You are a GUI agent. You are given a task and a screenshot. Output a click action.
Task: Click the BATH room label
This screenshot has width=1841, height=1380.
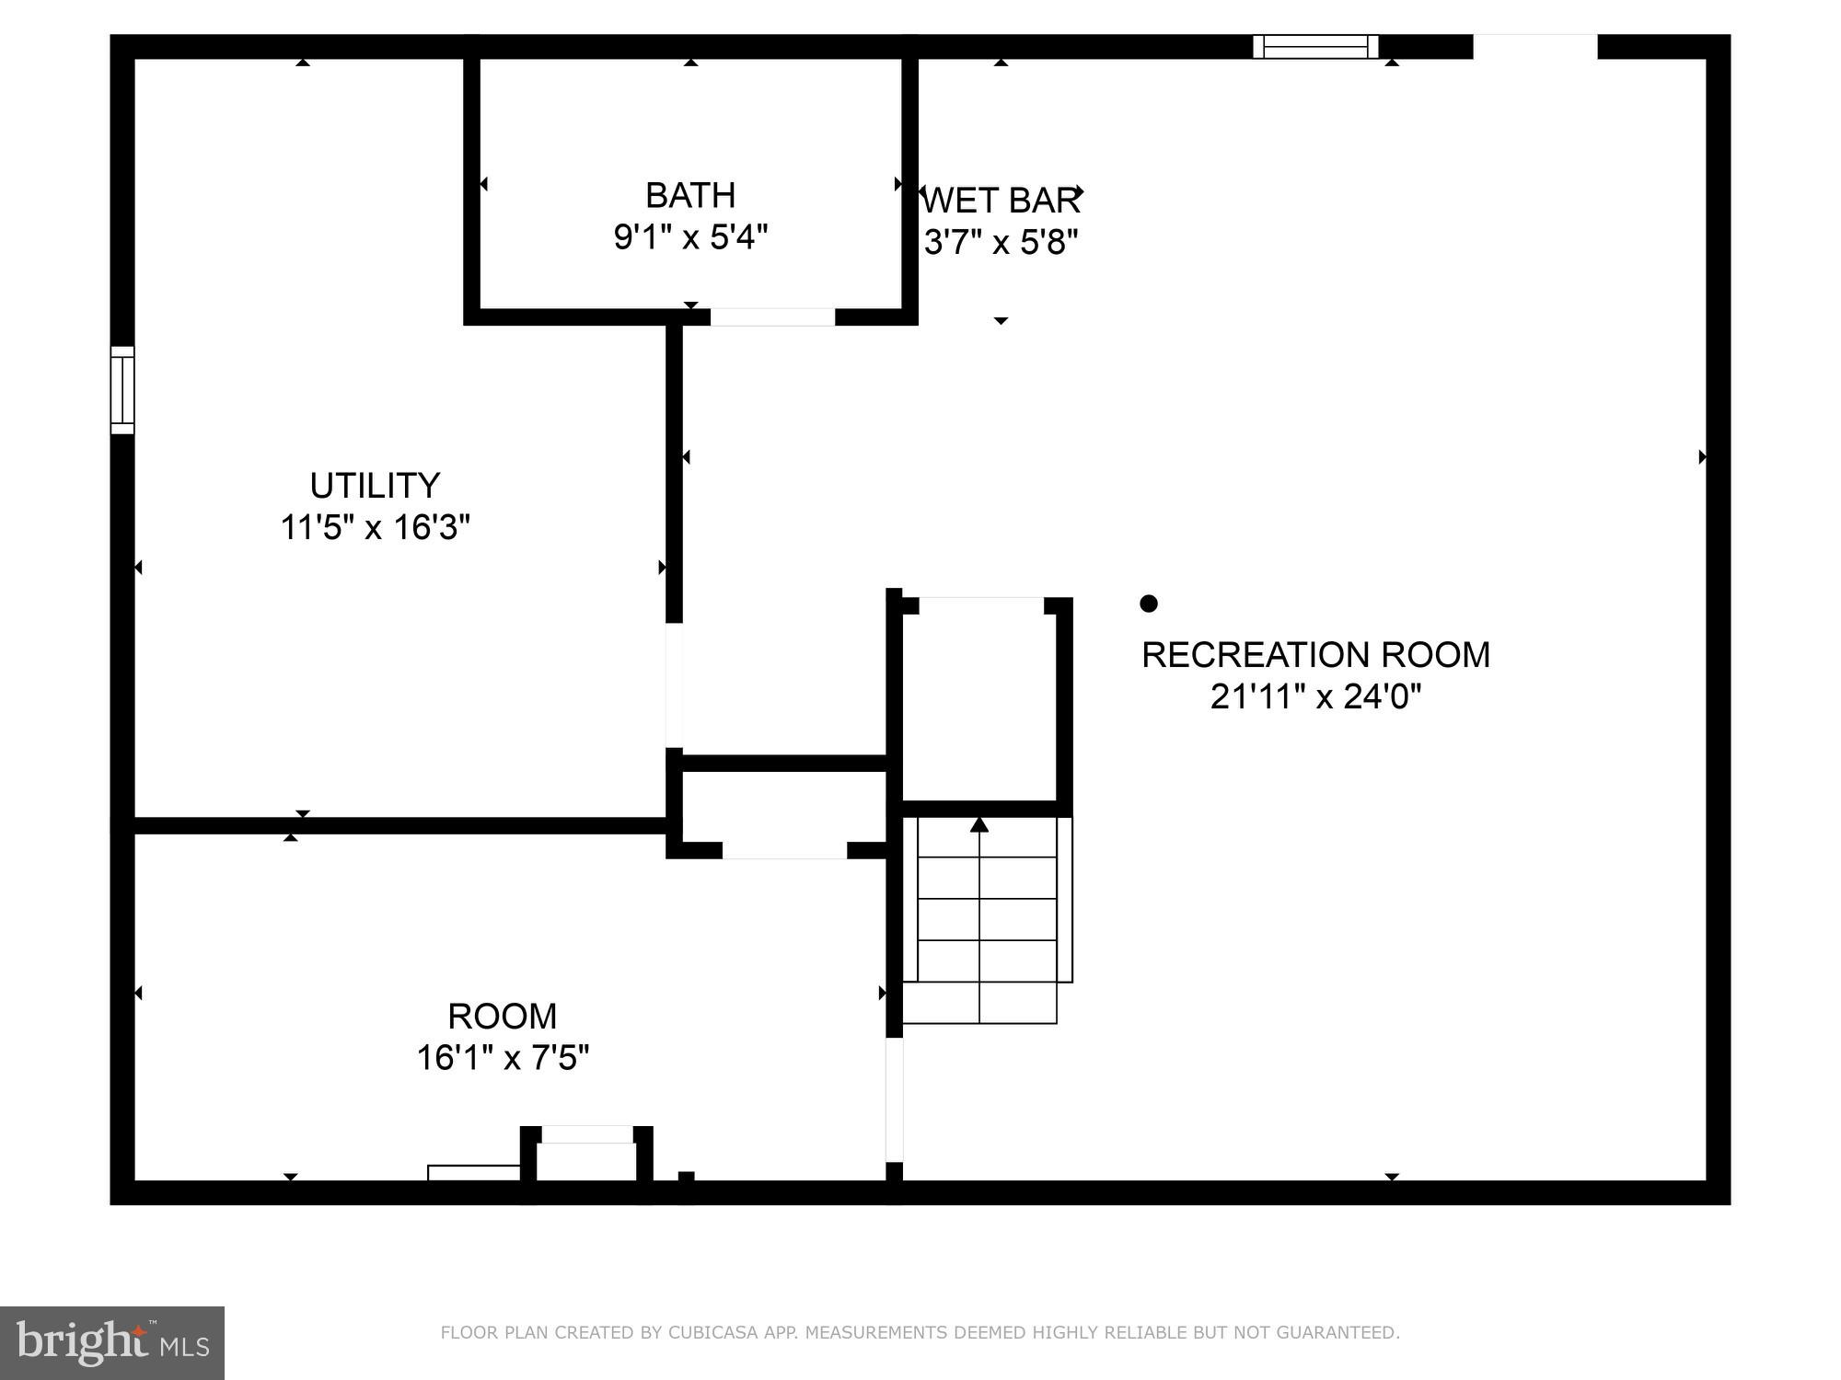point(690,195)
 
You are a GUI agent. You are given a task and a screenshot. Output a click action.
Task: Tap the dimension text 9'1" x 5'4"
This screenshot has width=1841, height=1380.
point(690,237)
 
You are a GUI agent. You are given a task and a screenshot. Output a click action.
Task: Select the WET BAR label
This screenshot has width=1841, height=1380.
point(1001,200)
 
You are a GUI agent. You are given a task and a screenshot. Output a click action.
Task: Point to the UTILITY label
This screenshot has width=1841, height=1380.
point(375,485)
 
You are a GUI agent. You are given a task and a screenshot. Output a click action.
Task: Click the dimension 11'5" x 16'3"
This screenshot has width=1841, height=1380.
point(375,527)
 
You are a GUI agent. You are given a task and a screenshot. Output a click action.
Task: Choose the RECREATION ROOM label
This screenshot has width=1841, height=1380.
point(1315,654)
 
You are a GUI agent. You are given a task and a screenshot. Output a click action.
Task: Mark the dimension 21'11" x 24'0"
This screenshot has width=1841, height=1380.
point(1315,696)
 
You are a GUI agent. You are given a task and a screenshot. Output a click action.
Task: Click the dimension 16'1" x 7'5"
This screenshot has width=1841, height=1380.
point(503,1058)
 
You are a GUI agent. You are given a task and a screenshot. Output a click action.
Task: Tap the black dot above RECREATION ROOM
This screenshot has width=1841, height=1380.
point(1148,604)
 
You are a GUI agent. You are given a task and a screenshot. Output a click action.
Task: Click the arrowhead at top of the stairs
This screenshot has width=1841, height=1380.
point(979,824)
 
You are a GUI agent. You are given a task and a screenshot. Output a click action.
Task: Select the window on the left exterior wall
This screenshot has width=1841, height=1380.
point(122,390)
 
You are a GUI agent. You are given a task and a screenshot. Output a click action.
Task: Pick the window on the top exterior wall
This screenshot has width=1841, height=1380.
point(1315,46)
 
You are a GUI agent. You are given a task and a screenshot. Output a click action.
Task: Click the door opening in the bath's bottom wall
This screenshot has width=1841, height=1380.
point(772,317)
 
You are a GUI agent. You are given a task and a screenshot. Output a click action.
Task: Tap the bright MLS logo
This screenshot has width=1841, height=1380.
point(111,1342)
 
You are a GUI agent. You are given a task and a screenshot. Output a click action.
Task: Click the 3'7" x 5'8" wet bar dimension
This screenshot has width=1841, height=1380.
point(1001,242)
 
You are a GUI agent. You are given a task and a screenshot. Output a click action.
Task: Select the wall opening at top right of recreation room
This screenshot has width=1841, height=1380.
point(1534,46)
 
